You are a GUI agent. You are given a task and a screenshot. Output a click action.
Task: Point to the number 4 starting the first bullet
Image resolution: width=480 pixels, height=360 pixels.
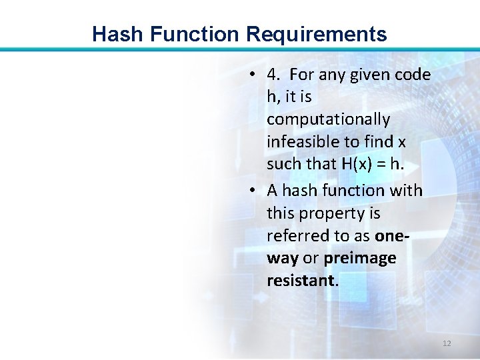271,75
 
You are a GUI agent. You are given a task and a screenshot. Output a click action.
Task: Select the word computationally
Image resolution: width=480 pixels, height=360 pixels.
328,120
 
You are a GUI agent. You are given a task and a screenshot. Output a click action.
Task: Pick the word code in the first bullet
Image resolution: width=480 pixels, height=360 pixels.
413,75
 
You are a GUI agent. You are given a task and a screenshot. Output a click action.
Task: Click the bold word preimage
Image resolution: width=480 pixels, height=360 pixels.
360,259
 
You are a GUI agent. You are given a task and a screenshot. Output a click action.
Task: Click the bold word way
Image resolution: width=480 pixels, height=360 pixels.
283,259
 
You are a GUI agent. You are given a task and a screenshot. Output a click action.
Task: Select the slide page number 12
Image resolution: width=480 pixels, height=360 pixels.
447,343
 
